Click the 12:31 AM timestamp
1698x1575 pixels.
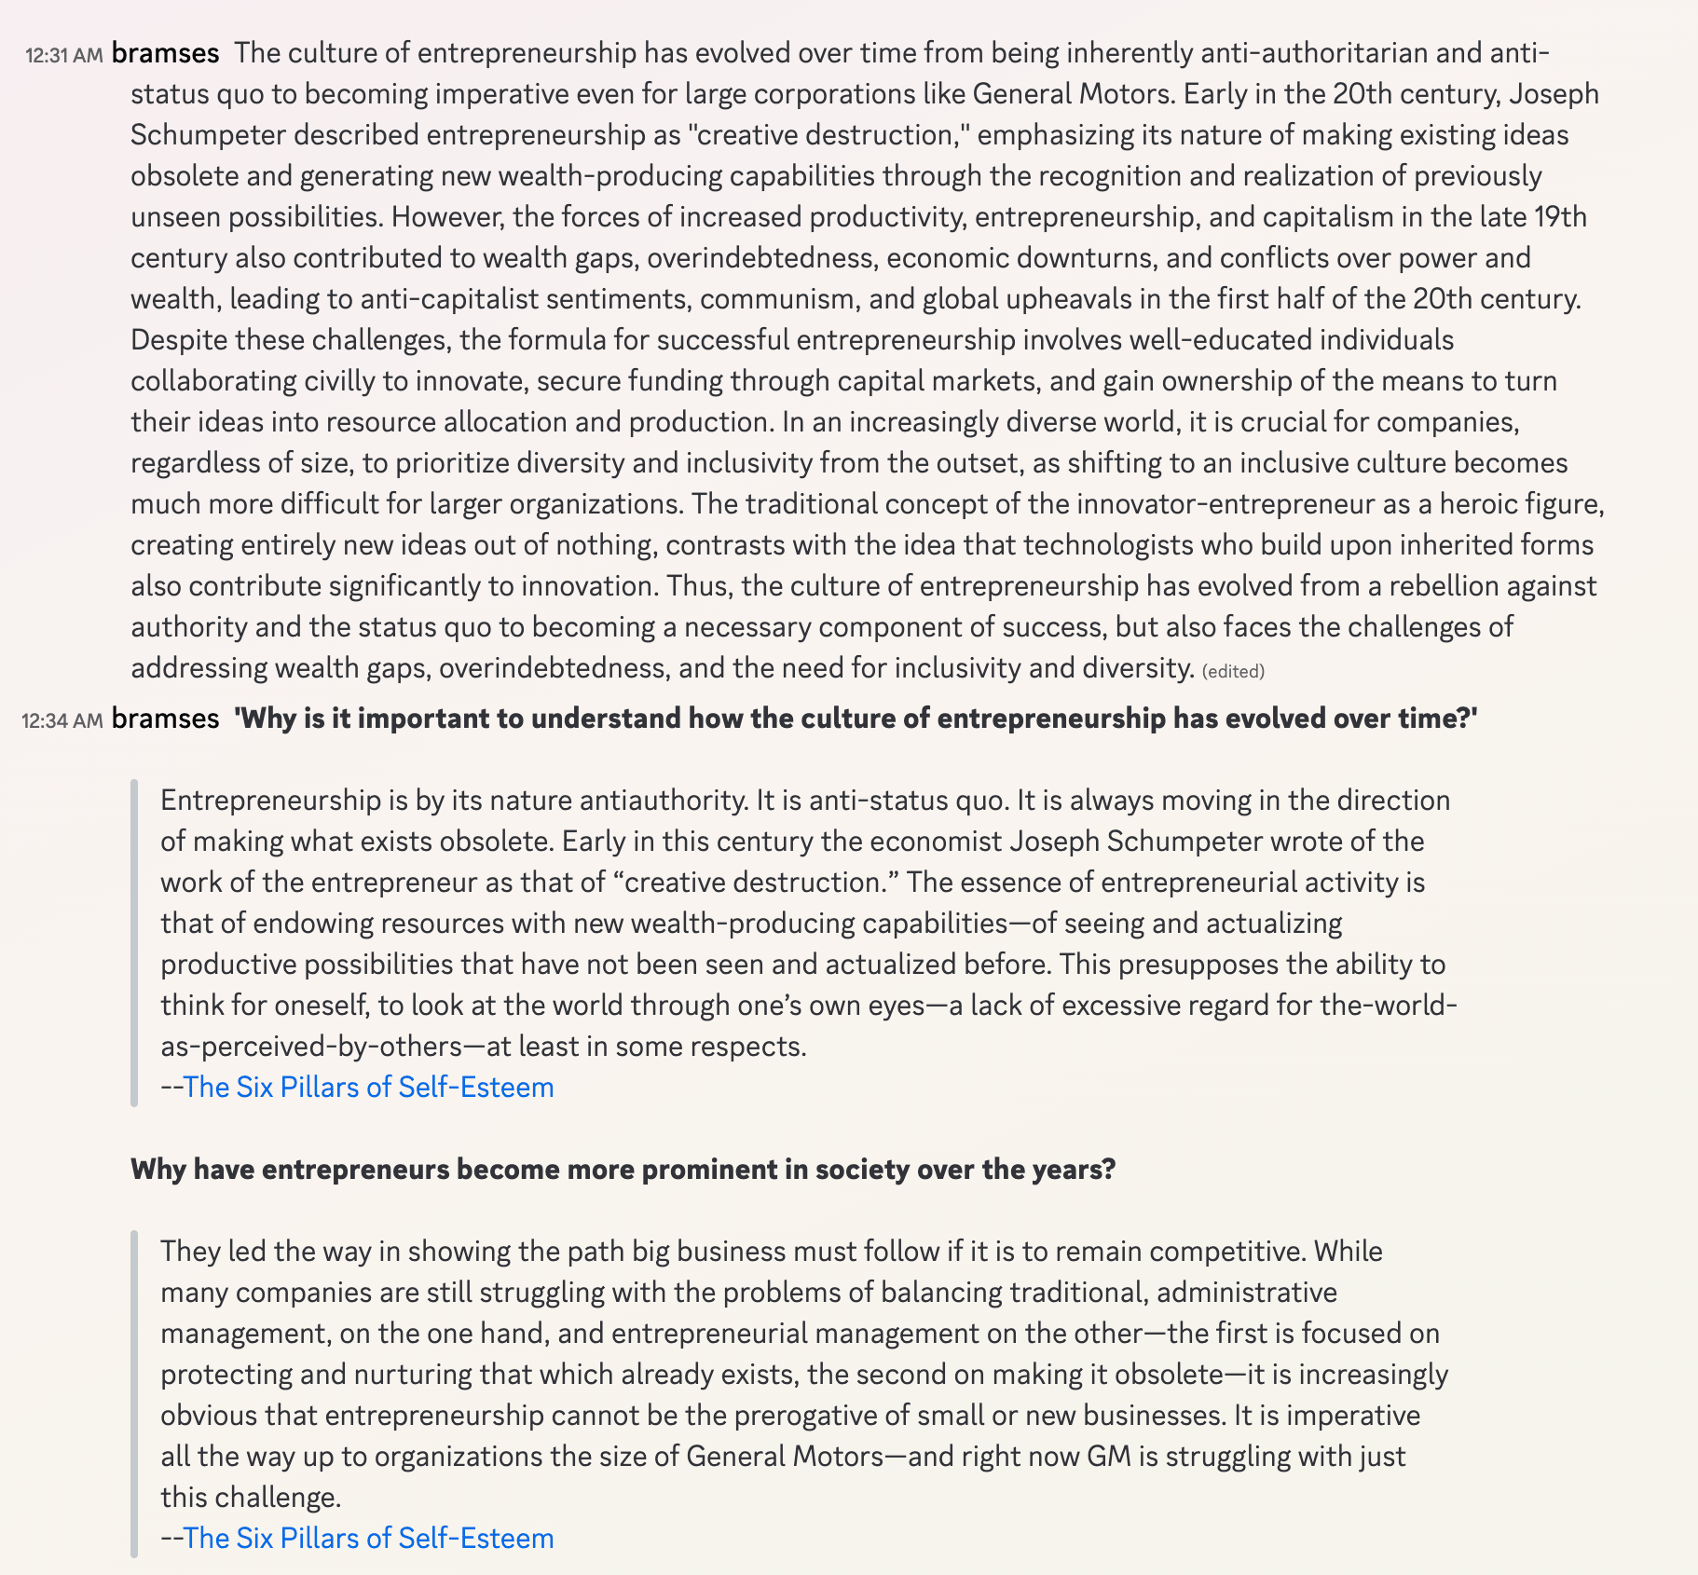[x=63, y=55]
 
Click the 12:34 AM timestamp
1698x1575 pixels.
[x=62, y=720]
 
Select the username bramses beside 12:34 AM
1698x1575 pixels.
[x=165, y=719]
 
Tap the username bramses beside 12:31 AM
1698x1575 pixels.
[x=165, y=53]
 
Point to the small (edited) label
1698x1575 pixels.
[x=1233, y=671]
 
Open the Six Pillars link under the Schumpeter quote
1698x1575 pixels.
[x=368, y=1088]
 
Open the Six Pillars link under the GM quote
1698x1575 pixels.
[x=368, y=1538]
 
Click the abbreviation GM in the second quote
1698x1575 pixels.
[x=1108, y=1457]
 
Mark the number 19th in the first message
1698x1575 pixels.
[x=1560, y=217]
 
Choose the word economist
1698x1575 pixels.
[x=936, y=842]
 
